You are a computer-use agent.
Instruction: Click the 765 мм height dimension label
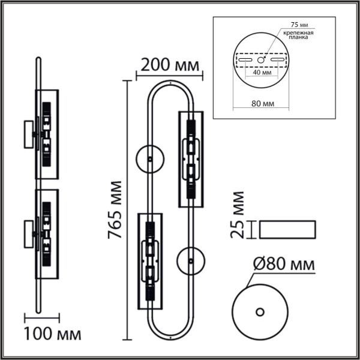(x=116, y=209)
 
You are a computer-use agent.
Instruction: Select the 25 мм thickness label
(x=238, y=215)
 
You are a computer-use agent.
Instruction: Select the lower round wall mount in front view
(x=191, y=261)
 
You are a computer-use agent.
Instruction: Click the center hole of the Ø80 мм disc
(x=260, y=311)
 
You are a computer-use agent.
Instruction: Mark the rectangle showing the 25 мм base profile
(x=286, y=229)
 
